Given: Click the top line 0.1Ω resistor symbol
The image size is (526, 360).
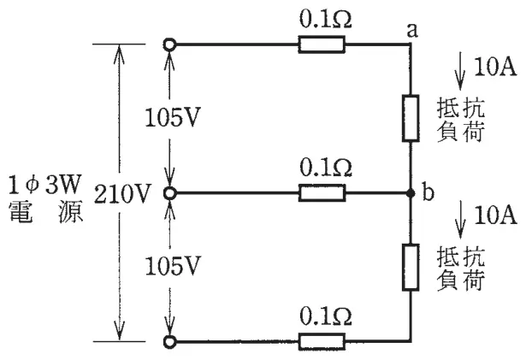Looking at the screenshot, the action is pyautogui.click(x=322, y=44).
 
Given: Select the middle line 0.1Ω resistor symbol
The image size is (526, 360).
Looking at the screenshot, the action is pyautogui.click(x=322, y=193).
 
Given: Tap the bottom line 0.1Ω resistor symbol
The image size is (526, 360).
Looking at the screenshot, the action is pyautogui.click(x=322, y=341).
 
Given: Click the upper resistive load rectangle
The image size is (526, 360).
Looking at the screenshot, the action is pyautogui.click(x=411, y=118).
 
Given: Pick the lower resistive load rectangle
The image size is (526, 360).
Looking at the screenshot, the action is pyautogui.click(x=411, y=267).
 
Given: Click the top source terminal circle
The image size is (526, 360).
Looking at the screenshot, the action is pyautogui.click(x=169, y=44).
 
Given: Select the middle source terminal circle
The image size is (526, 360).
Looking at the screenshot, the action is pyautogui.click(x=169, y=193).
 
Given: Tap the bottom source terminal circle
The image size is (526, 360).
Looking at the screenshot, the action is pyautogui.click(x=169, y=341).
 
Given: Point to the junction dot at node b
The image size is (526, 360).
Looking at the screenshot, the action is pyautogui.click(x=411, y=193).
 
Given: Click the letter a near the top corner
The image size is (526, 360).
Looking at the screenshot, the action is pyautogui.click(x=412, y=30).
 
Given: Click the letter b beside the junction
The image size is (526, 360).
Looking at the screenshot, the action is pyautogui.click(x=428, y=192).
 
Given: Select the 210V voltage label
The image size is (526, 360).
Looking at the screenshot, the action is pyautogui.click(x=121, y=194).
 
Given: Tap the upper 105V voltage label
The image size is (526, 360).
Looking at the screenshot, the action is pyautogui.click(x=173, y=118).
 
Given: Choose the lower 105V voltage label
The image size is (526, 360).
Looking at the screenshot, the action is pyautogui.click(x=173, y=267).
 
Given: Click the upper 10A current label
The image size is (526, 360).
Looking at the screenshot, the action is pyautogui.click(x=495, y=67).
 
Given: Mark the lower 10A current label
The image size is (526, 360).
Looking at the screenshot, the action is pyautogui.click(x=495, y=215).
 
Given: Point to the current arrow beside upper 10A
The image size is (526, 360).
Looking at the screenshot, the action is pyautogui.click(x=460, y=71).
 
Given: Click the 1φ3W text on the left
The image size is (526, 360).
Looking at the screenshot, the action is pyautogui.click(x=45, y=185).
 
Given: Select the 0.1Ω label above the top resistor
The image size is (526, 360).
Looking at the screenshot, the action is pyautogui.click(x=326, y=21).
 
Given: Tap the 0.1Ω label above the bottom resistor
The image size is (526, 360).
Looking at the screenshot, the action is pyautogui.click(x=326, y=316).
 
